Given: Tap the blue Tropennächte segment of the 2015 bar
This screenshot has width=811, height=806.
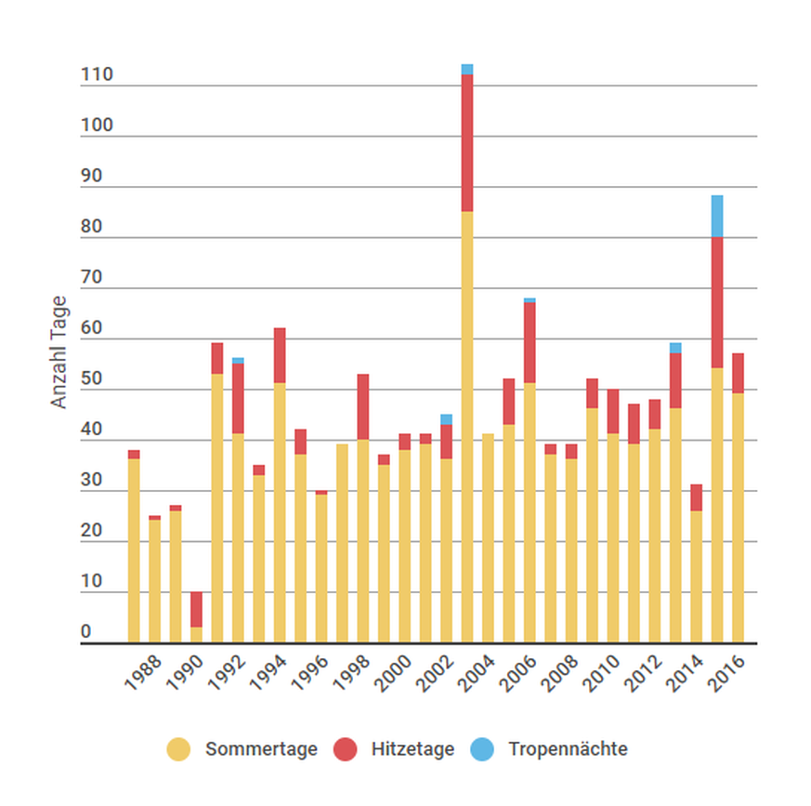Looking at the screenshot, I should point(716,216).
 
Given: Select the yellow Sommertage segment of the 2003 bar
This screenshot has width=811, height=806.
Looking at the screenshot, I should point(466,428).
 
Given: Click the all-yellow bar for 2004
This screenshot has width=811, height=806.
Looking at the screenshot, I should point(488,539).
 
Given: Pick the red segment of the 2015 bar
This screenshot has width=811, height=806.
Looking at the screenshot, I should point(716,302).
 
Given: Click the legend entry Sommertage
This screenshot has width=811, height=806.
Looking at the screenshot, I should point(261,749).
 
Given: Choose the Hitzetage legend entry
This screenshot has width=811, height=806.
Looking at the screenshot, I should point(412,749).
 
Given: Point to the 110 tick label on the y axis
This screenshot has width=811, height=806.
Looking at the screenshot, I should point(97,75).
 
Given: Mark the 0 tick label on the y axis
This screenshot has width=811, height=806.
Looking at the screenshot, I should point(86,632).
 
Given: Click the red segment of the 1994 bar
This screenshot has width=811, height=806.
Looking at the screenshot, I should point(280,355).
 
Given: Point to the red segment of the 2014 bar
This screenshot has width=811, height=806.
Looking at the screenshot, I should point(696,497).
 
